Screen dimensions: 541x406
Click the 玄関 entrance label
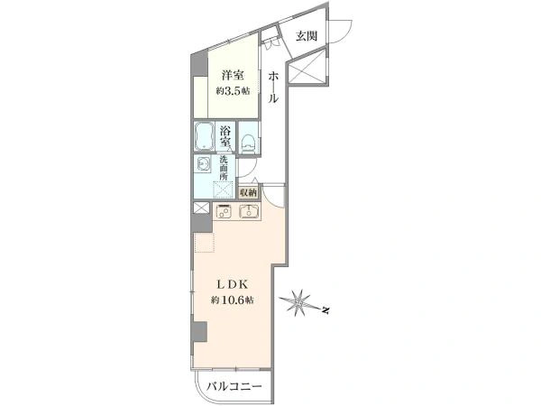coord(307,35)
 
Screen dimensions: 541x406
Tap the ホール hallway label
coord(273,87)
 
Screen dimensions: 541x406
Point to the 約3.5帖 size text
coord(233,91)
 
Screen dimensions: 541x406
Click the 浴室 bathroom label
coord(225,136)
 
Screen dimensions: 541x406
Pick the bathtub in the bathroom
coord(205,137)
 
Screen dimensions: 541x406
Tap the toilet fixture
coord(248,143)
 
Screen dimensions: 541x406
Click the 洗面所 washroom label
coord(224,168)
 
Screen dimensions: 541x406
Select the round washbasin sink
coord(203,163)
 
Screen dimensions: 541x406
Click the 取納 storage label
coord(249,193)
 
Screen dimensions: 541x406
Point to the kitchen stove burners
coord(224,211)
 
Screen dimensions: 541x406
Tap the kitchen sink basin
coord(249,211)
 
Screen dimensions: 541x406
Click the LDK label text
coord(233,285)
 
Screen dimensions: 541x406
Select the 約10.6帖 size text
coord(233,300)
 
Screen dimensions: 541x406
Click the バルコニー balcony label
coord(234,386)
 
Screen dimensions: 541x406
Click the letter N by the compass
coord(325,310)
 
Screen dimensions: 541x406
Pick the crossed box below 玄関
coord(307,66)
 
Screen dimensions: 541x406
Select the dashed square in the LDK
coord(205,243)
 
